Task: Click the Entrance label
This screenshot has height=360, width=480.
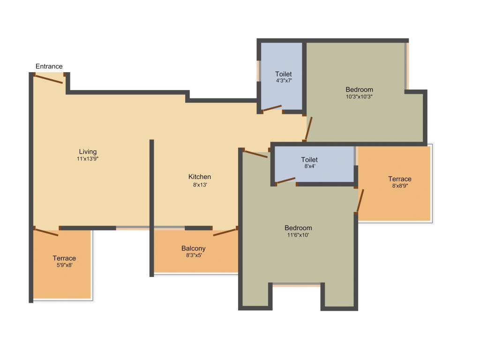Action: (49, 66)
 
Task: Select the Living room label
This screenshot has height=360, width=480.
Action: (88, 151)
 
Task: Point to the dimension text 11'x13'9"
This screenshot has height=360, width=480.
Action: (88, 158)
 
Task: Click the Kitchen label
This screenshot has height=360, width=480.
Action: (200, 177)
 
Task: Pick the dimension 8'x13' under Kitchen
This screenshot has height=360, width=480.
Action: (200, 184)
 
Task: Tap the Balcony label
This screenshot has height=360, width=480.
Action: (194, 248)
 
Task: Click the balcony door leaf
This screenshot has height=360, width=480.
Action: (225, 232)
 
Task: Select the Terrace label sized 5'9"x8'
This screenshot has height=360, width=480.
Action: (64, 258)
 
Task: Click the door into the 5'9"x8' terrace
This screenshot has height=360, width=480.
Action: (46, 232)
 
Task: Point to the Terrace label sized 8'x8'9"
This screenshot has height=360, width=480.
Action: (400, 179)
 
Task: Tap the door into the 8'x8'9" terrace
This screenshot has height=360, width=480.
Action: (360, 201)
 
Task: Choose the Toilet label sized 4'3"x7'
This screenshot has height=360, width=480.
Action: (284, 74)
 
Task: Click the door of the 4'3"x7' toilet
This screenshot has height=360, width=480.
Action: (271, 108)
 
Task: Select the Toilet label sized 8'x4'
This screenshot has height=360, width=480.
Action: (309, 160)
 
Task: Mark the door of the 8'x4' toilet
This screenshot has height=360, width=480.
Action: (285, 180)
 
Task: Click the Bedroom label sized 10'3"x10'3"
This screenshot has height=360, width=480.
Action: (360, 90)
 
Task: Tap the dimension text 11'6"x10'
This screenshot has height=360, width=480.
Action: (298, 235)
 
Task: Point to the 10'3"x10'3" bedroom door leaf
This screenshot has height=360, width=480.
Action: (308, 128)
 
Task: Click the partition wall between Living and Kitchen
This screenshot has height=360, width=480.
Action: (152, 206)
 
